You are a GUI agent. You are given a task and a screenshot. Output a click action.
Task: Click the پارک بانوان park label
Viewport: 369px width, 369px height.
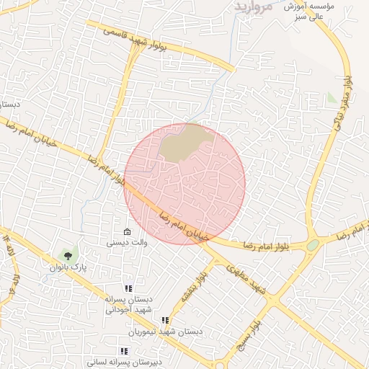click(68, 267)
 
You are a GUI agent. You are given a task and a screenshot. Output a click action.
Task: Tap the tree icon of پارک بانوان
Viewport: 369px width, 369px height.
click(68, 254)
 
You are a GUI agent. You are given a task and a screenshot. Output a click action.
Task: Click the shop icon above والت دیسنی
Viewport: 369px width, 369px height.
click(127, 232)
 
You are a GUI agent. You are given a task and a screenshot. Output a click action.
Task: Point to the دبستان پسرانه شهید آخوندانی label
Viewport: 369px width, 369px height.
click(128, 304)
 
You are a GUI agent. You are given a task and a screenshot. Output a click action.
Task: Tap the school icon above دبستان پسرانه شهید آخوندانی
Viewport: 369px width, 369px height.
click(128, 289)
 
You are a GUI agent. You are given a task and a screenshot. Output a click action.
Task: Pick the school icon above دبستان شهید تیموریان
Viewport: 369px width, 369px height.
click(165, 320)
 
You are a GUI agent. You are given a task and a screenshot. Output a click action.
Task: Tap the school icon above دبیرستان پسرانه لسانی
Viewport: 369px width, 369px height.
click(124, 350)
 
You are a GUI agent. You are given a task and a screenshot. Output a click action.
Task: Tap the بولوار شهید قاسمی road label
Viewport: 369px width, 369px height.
click(145, 40)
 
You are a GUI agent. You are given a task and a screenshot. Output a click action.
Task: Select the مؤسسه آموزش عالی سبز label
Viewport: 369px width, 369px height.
click(311, 11)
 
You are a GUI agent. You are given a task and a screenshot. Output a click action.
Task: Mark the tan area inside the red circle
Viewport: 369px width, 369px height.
click(186, 142)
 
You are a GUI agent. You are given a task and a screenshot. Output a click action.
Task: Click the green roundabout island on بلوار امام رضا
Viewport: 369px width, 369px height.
click(312, 245)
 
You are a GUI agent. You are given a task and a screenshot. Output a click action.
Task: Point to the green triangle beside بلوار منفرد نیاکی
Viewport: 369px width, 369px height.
click(332, 97)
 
